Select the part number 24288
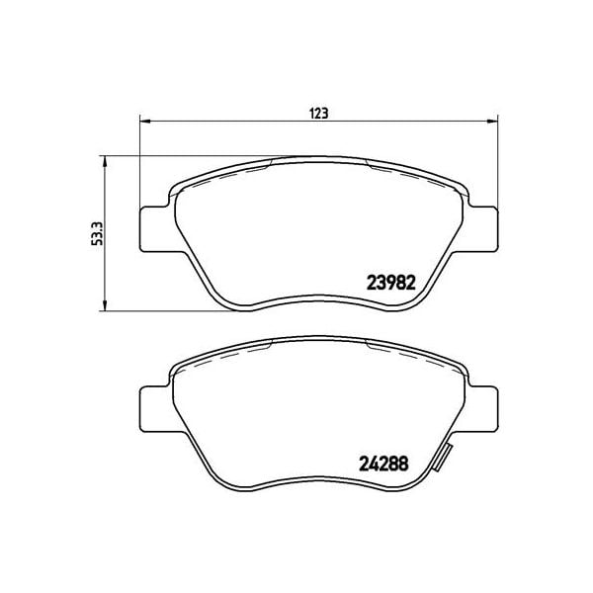(382, 462)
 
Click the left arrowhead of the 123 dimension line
(143, 124)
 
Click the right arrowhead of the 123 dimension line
(491, 124)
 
